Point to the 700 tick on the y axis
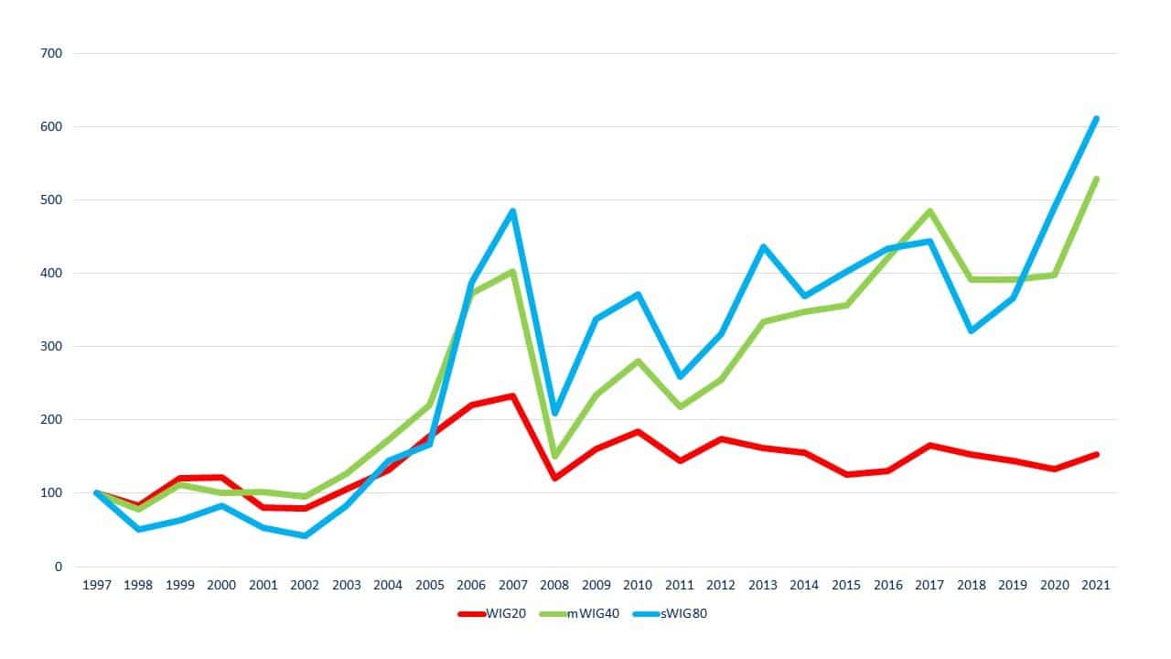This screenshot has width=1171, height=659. coord(52,53)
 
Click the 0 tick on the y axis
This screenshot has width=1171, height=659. coord(58,567)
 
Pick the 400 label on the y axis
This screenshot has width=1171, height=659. coord(52,273)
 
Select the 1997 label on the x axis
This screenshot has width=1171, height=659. coord(97,586)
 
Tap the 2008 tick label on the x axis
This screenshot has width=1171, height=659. coord(554,586)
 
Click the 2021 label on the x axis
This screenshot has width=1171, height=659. coord(1095,586)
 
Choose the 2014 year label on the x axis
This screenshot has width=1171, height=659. coord(804,586)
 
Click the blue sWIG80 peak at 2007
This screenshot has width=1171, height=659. coord(513,211)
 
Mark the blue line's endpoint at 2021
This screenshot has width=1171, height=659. coord(1095,119)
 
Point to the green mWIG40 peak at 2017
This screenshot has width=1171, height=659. coord(929,211)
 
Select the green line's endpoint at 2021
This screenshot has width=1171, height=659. coord(1095,179)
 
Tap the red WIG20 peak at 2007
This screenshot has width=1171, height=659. coord(513,396)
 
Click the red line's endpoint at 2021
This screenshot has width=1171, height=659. coord(1095,455)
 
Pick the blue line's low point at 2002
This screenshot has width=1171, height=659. coord(305,535)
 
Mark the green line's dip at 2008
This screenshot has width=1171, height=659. coord(554,456)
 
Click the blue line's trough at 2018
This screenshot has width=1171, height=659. coord(971,330)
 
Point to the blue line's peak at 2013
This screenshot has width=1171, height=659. coord(763,247)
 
